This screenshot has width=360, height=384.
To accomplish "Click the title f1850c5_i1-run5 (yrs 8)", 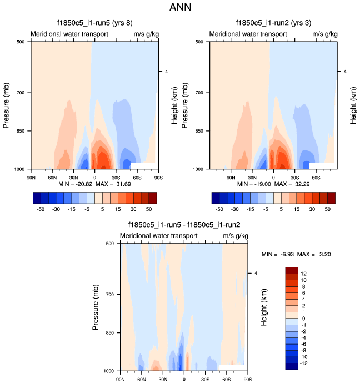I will coord(94,23).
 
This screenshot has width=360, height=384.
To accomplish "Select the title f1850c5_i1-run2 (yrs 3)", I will coord(273,23).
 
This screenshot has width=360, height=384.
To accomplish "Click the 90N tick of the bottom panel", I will coord(120,380).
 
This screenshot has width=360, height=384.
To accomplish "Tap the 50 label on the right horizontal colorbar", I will coord(328,210).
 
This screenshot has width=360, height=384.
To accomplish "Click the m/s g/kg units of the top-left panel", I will coord(146,34).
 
